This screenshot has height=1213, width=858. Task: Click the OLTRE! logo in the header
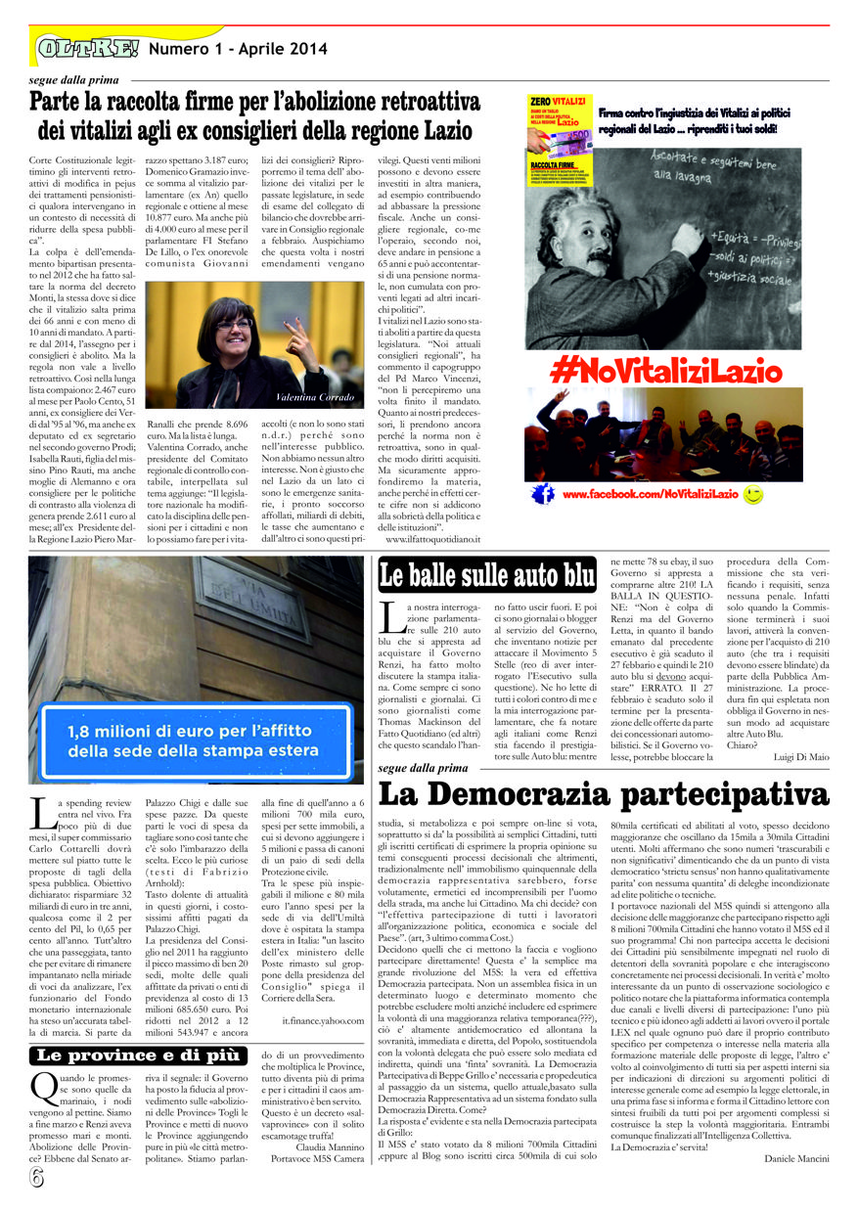[x=88, y=47]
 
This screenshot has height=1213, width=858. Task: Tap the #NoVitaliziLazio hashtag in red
[x=665, y=371]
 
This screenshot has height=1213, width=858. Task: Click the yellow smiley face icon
[x=753, y=495]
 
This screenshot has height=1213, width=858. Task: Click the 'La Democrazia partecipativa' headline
[x=603, y=793]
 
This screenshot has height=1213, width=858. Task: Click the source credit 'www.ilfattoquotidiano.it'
[x=432, y=539]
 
